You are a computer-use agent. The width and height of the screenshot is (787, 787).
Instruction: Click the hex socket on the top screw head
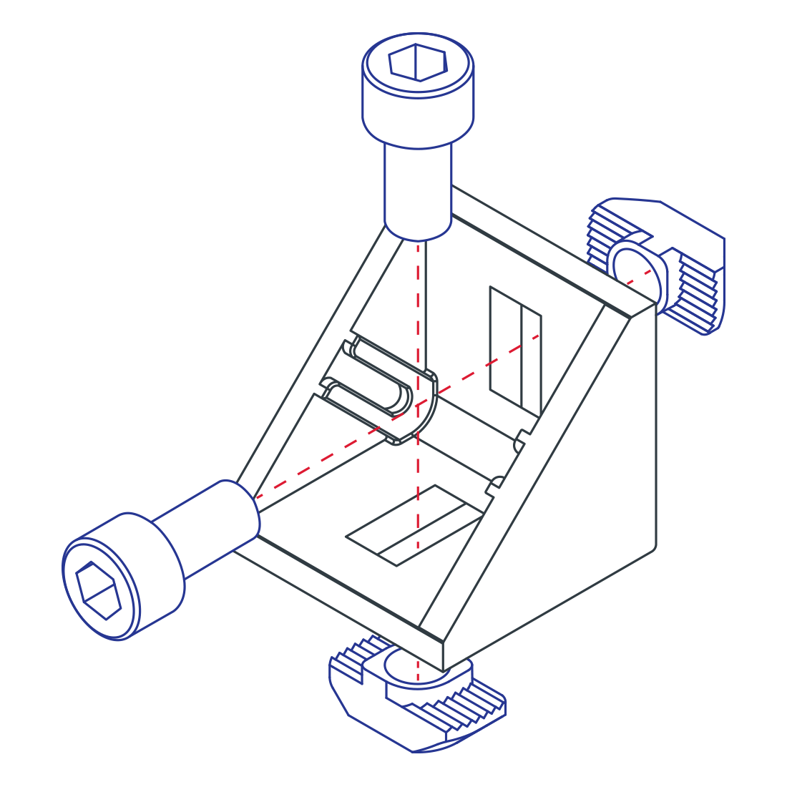(418, 62)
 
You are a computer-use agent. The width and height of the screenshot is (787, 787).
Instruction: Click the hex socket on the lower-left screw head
(99, 590)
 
